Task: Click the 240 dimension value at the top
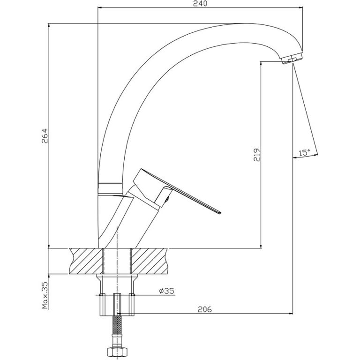(200, 3)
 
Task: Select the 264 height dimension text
(45, 135)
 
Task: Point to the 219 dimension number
(257, 155)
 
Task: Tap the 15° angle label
(304, 153)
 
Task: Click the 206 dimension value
(205, 309)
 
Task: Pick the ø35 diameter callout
(167, 291)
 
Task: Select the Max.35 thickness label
(45, 295)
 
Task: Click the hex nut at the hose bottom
(117, 352)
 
